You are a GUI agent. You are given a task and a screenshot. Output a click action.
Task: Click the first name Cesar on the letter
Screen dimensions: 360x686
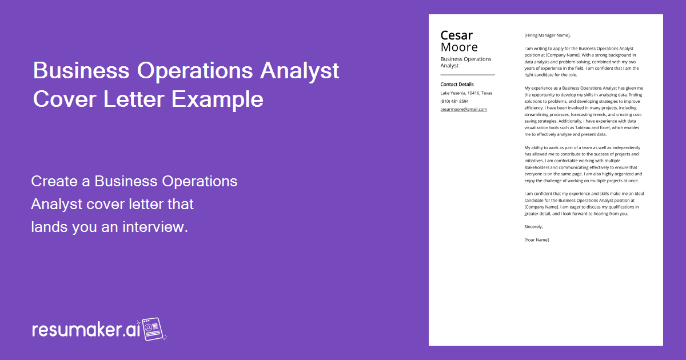tap(457, 35)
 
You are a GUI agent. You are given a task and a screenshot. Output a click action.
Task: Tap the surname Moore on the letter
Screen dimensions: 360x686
tap(459, 47)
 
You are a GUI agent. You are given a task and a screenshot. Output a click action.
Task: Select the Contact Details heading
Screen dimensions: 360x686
tap(457, 85)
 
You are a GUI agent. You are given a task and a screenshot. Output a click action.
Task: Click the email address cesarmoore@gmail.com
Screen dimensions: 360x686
tap(464, 109)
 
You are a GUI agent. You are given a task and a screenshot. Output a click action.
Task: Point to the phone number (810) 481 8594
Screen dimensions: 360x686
tap(454, 101)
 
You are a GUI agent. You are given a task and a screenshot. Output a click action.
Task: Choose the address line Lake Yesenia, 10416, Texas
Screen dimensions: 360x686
tap(466, 93)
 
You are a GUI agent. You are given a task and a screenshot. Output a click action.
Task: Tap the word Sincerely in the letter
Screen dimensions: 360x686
tap(533, 227)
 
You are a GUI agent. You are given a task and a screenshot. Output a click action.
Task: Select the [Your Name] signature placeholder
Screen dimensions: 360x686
tap(536, 239)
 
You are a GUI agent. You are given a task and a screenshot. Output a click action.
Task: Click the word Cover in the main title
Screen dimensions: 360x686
tap(65, 99)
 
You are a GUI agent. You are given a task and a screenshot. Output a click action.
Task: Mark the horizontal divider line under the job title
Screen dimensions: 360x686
tap(468, 75)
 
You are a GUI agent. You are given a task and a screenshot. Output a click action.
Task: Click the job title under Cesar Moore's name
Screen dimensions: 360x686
tap(465, 62)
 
